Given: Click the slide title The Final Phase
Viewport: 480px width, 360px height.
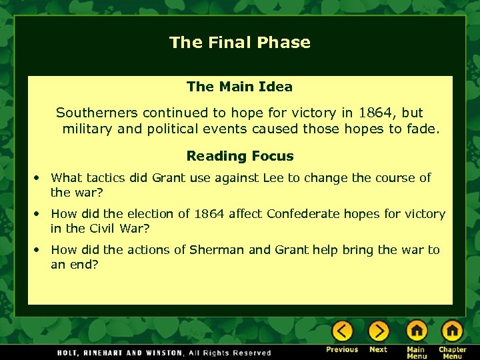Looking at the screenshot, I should click(x=239, y=43).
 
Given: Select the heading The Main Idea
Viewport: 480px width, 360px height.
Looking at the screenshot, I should click(x=239, y=87).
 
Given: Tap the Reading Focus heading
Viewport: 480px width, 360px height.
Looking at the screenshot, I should click(x=239, y=157).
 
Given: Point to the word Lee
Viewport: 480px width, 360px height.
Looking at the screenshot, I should click(x=273, y=178).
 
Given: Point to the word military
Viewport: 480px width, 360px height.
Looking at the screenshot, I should click(x=87, y=129).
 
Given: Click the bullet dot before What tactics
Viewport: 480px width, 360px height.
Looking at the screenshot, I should click(x=39, y=179).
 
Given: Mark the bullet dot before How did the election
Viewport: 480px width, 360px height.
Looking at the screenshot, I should click(x=39, y=215).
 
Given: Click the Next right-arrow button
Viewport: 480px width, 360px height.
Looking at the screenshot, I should click(x=378, y=331).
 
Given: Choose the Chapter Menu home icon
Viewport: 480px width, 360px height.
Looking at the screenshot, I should click(x=452, y=331).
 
